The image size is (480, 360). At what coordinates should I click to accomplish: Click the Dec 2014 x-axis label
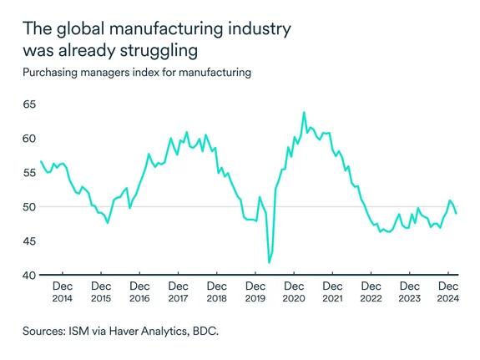pos(63,292)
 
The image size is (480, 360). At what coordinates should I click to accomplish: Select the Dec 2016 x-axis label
pos(139,292)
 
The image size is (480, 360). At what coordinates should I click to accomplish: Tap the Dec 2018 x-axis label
pos(216,292)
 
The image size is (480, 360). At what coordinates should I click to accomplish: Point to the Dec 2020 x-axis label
pos(293,292)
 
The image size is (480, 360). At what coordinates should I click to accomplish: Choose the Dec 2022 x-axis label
pos(370,292)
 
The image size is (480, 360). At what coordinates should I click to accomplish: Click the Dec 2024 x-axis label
pos(447,292)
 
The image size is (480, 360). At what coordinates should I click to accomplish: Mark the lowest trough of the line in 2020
pos(269,263)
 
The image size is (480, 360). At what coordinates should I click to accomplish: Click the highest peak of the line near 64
pos(304,112)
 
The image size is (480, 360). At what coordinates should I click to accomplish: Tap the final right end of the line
pos(456,214)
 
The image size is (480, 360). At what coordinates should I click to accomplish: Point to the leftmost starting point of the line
pos(41,161)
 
